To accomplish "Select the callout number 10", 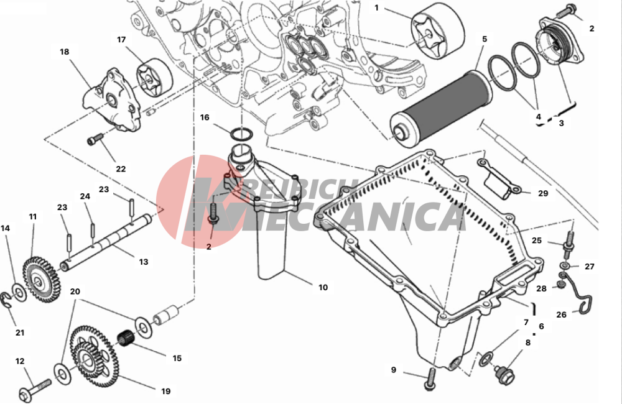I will pyautogui.click(x=323, y=288).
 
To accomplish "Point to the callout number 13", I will pyautogui.click(x=144, y=262).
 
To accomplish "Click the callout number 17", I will pyautogui.click(x=122, y=39).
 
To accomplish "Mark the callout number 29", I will pyautogui.click(x=543, y=193).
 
